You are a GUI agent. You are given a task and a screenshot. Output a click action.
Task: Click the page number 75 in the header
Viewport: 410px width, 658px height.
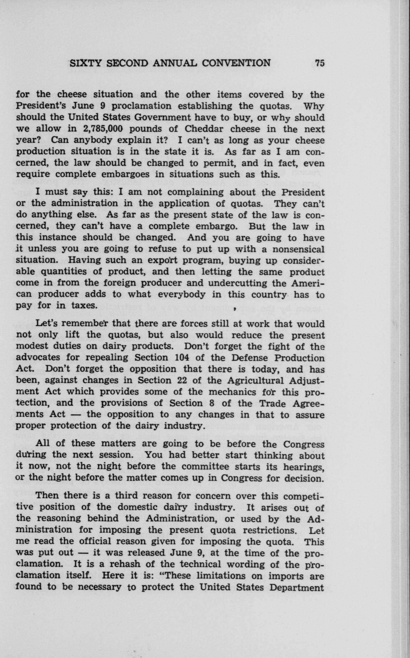tap(319, 63)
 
